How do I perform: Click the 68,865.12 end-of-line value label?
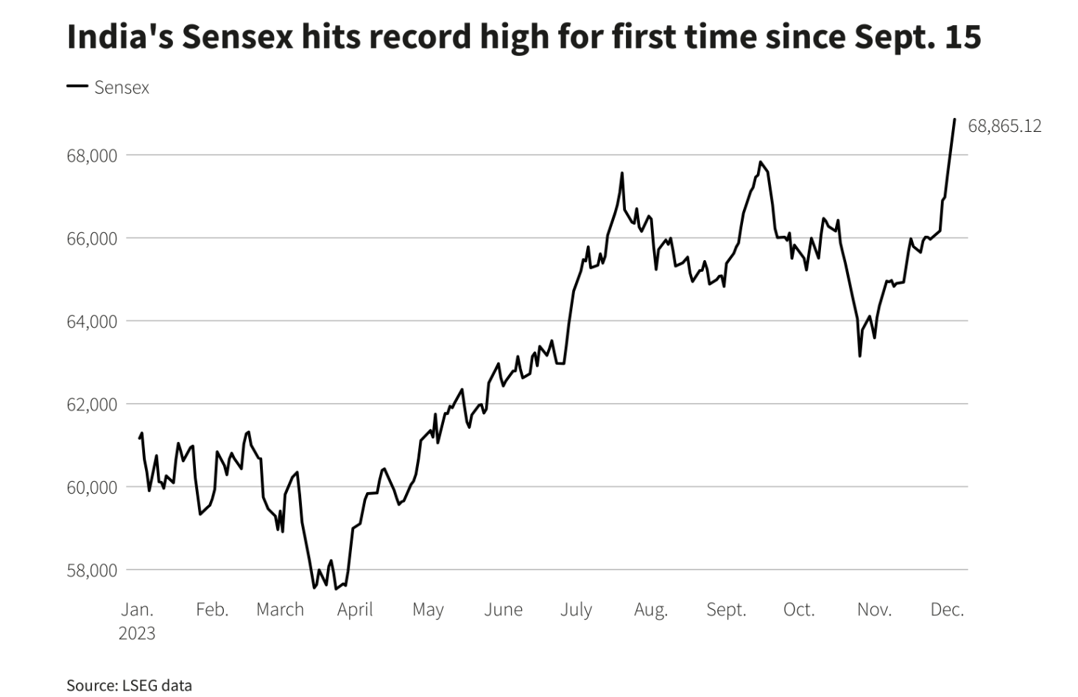(x=1004, y=126)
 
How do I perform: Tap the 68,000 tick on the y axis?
(x=92, y=155)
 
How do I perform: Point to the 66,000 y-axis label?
(x=92, y=239)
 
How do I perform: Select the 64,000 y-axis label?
(x=92, y=321)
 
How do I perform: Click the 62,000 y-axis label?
(x=92, y=404)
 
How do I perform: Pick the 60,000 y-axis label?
(x=92, y=487)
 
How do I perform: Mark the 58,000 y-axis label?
(x=92, y=570)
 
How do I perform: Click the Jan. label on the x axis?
(x=137, y=609)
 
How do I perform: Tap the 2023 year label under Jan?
(x=137, y=634)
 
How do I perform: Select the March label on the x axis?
(x=280, y=609)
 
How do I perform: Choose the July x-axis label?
(x=576, y=609)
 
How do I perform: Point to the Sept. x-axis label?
(x=726, y=609)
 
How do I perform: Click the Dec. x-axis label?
(x=947, y=609)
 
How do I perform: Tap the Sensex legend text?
(x=121, y=88)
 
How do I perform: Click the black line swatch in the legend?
(x=77, y=86)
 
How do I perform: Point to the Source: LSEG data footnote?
(x=129, y=685)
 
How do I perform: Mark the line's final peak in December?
(x=954, y=119)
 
